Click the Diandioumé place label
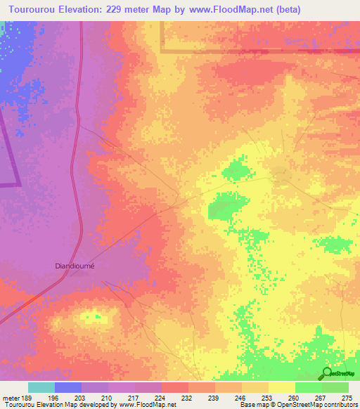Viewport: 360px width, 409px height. [75, 266]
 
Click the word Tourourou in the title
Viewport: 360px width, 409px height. [30, 8]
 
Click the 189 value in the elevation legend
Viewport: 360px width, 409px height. [27, 398]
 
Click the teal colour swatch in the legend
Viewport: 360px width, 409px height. [41, 387]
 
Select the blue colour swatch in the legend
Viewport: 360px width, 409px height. [68, 387]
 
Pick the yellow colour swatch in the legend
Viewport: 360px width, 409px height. [281, 387]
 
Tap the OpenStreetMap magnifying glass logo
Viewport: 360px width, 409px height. [326, 373]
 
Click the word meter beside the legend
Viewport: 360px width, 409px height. [10, 398]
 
